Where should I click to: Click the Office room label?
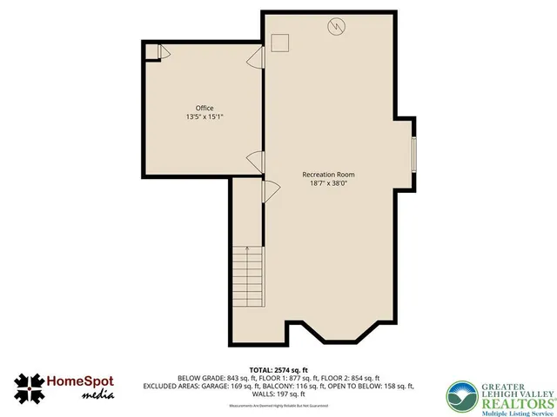[x=205, y=109]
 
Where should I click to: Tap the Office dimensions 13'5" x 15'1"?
[x=205, y=117]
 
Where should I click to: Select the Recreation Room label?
[x=328, y=175]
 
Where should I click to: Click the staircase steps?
[x=247, y=275]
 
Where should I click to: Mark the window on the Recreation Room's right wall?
[x=414, y=154]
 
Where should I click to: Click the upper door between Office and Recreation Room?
[x=255, y=59]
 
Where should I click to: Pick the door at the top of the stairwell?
[x=269, y=191]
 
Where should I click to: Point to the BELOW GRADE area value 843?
[x=238, y=378]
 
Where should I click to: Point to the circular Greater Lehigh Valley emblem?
[x=461, y=396]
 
